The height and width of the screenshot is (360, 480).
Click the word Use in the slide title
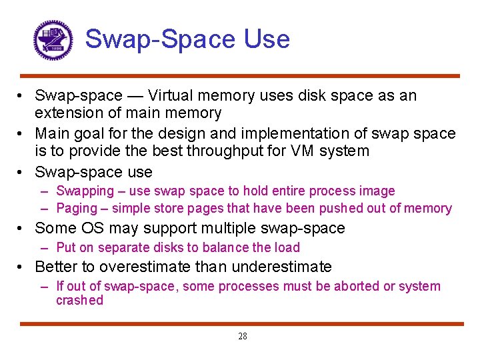pos(267,39)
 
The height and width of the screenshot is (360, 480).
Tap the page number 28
pos(243,337)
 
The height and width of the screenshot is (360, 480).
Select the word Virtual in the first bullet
pos(173,95)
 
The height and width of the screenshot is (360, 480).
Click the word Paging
pos(77,208)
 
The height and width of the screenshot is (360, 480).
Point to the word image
pos(378,191)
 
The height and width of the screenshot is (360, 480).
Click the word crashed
pos(79,301)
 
